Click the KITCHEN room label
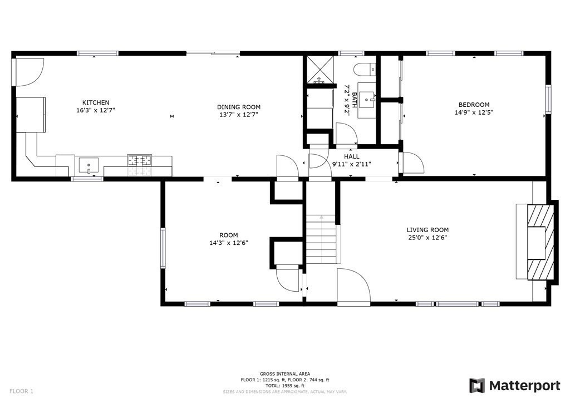point(96,102)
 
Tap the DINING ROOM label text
point(238,107)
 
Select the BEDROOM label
point(474,105)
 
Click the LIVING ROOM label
point(427,230)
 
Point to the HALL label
point(351,157)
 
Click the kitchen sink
point(88,165)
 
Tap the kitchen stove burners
point(140,161)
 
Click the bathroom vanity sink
point(367,101)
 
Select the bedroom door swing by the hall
point(412,163)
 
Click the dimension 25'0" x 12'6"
point(427,238)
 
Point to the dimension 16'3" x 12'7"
point(96,110)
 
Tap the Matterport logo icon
point(477,386)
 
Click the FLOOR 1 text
point(21,391)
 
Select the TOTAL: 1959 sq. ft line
point(284,386)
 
